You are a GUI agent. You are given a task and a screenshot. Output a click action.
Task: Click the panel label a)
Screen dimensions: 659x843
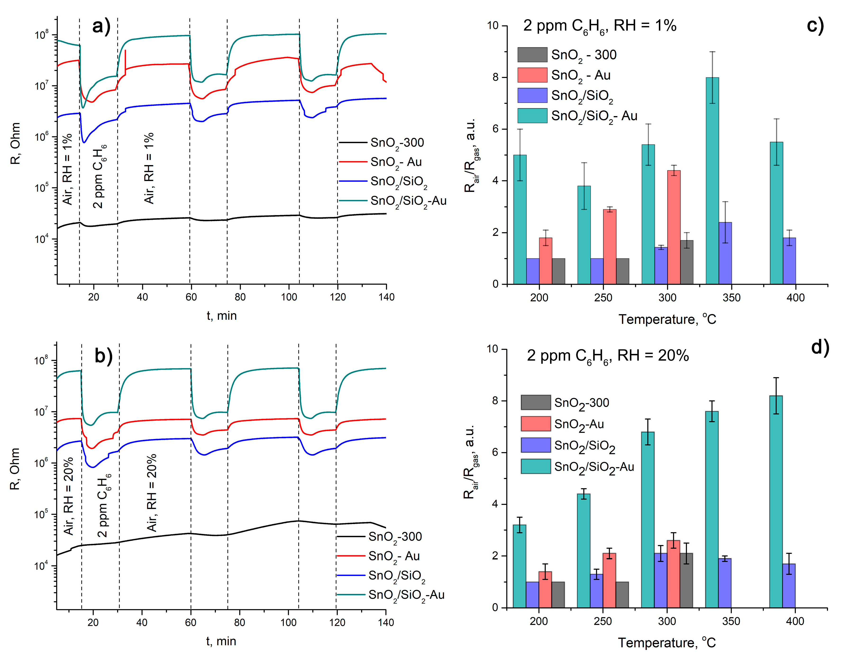point(101,26)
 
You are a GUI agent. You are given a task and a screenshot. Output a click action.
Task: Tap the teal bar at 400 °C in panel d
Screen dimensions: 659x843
point(776,501)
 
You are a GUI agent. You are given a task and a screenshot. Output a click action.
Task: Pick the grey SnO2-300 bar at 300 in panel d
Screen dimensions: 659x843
point(686,580)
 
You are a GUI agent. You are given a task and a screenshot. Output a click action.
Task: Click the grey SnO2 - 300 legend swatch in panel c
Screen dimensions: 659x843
point(532,55)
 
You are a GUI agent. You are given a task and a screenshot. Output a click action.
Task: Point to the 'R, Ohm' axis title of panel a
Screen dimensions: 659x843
point(15,144)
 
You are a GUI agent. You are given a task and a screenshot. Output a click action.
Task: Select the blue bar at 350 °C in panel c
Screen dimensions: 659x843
point(725,253)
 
